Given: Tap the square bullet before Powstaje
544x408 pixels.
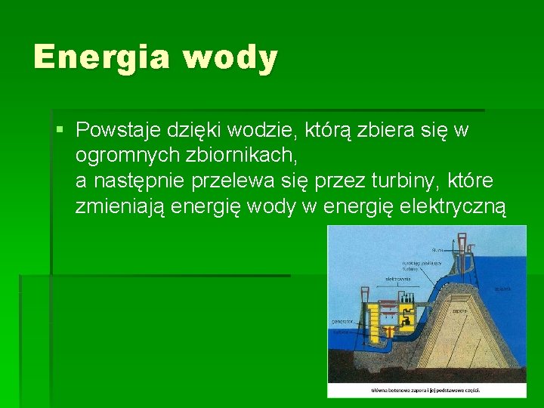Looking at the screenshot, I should pyautogui.click(x=60, y=131).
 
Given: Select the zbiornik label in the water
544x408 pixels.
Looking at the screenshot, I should pyautogui.click(x=502, y=288).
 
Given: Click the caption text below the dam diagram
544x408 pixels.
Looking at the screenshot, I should pyautogui.click(x=426, y=389).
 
